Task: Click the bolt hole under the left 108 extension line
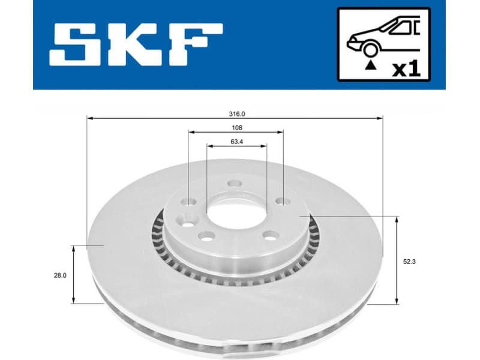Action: point(189,202)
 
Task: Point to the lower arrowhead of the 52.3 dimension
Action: point(397,301)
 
